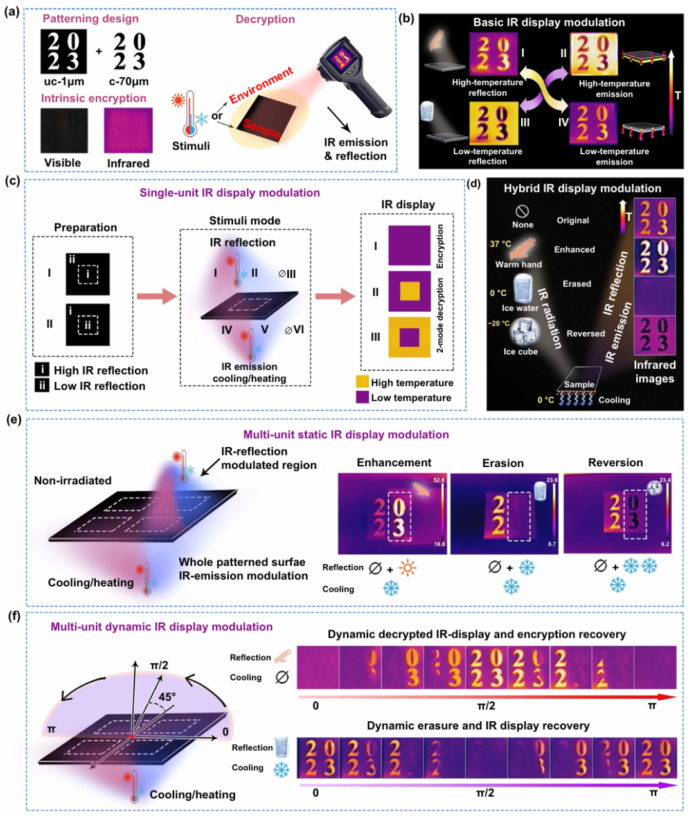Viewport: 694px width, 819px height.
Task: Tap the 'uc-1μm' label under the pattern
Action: tap(64, 82)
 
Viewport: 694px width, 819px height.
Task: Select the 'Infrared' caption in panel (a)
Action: tap(129, 163)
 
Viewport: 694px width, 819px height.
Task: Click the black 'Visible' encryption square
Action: tap(64, 130)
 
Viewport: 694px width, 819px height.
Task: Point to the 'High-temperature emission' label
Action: tap(614, 89)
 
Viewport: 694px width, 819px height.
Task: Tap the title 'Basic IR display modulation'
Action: tap(549, 22)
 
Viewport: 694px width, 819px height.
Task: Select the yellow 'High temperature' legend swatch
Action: tap(362, 382)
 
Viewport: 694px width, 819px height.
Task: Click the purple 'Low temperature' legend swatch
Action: tap(362, 397)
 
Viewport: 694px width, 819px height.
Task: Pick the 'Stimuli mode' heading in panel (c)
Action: tap(245, 220)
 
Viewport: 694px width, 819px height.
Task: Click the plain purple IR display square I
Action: tap(409, 245)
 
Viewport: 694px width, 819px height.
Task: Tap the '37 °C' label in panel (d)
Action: tap(501, 244)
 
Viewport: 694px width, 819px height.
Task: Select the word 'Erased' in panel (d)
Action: tap(577, 283)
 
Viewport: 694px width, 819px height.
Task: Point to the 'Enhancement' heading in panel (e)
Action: tap(394, 462)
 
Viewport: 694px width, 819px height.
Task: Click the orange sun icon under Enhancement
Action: tap(407, 568)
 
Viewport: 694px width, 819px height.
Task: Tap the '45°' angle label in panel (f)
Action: tap(167, 696)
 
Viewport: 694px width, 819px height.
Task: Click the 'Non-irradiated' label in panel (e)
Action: tap(73, 480)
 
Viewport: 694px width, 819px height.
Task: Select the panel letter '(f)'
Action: tap(13, 617)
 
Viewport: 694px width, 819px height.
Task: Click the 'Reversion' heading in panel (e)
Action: tap(615, 462)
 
